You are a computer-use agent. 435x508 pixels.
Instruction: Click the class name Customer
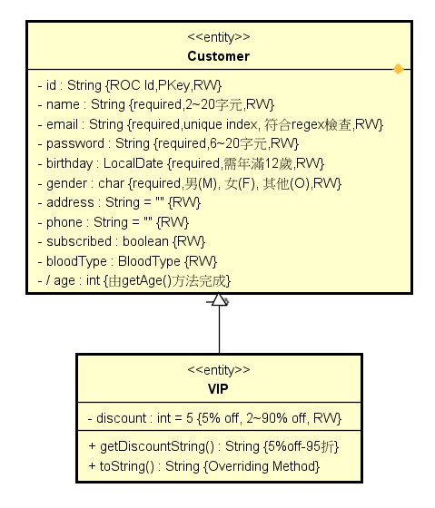pyautogui.click(x=218, y=56)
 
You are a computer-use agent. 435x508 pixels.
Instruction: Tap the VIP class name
pyautogui.click(x=218, y=389)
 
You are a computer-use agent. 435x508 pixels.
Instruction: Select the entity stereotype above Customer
pyautogui.click(x=219, y=37)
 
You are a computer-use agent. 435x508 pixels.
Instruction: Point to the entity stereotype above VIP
pyautogui.click(x=219, y=370)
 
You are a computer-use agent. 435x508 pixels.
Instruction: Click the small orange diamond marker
pyautogui.click(x=398, y=69)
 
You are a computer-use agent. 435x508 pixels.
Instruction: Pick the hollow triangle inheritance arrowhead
pyautogui.click(x=219, y=299)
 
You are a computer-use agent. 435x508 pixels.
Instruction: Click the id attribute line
pyautogui.click(x=130, y=85)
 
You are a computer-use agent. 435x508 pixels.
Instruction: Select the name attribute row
pyautogui.click(x=156, y=104)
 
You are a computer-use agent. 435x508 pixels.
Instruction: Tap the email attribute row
pyautogui.click(x=211, y=124)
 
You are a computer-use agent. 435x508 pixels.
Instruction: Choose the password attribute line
pyautogui.click(x=168, y=143)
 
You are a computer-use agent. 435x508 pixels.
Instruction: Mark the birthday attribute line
pyautogui.click(x=181, y=163)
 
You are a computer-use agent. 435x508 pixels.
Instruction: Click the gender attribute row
pyautogui.click(x=190, y=183)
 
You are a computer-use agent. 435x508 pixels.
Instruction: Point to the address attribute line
pyautogui.click(x=119, y=202)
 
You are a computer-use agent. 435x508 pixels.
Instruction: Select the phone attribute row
pyautogui.click(x=114, y=222)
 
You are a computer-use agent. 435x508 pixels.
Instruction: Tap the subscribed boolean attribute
pyautogui.click(x=122, y=241)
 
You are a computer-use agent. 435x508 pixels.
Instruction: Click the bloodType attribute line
pyautogui.click(x=127, y=261)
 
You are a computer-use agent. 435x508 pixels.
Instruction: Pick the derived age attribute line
pyautogui.click(x=134, y=280)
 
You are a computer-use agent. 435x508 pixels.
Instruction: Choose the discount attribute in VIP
pyautogui.click(x=214, y=418)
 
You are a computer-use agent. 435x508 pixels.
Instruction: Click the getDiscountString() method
pyautogui.click(x=213, y=446)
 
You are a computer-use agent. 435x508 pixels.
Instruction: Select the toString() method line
pyautogui.click(x=204, y=466)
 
